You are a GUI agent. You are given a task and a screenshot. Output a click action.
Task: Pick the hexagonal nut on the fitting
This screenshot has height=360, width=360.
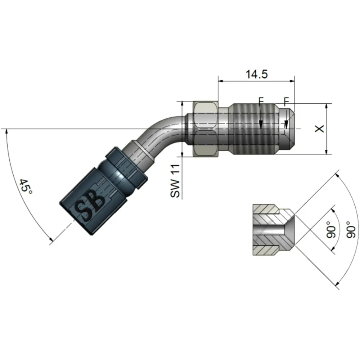click(x=205, y=129)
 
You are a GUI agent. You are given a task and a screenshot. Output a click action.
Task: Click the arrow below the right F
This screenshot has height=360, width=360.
click(x=287, y=125)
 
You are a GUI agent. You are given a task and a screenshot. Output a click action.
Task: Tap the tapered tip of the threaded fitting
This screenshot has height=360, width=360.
click(x=291, y=129)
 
